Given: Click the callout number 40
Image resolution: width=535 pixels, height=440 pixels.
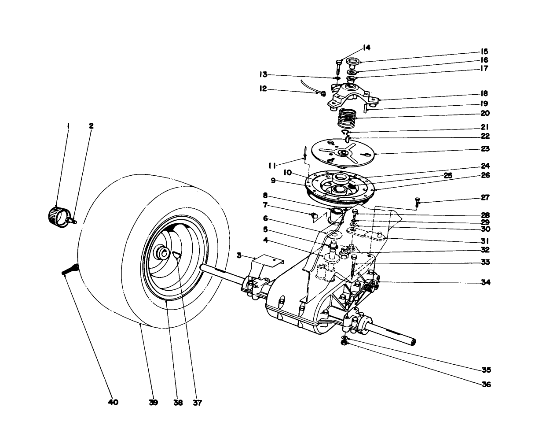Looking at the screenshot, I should pos(113,402).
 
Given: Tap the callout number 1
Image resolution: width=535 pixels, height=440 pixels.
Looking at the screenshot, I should pos(68,126).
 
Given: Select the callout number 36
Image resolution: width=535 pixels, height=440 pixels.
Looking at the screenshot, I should pos(486,384).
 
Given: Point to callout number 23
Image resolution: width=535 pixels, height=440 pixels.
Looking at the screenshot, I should pos(485,149).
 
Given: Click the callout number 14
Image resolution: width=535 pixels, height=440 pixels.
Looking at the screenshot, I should pos(366,48).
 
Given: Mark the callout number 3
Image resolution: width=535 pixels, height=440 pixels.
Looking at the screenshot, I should pos(238,255).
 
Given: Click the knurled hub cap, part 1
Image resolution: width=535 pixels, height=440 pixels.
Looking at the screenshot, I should pos(56,214).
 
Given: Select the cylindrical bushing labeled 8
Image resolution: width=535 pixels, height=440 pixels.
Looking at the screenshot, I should pos(337,215).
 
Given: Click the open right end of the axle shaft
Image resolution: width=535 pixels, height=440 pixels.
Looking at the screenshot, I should pos(413,341).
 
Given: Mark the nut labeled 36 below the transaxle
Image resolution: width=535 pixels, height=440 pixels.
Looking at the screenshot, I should pos(345,342).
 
